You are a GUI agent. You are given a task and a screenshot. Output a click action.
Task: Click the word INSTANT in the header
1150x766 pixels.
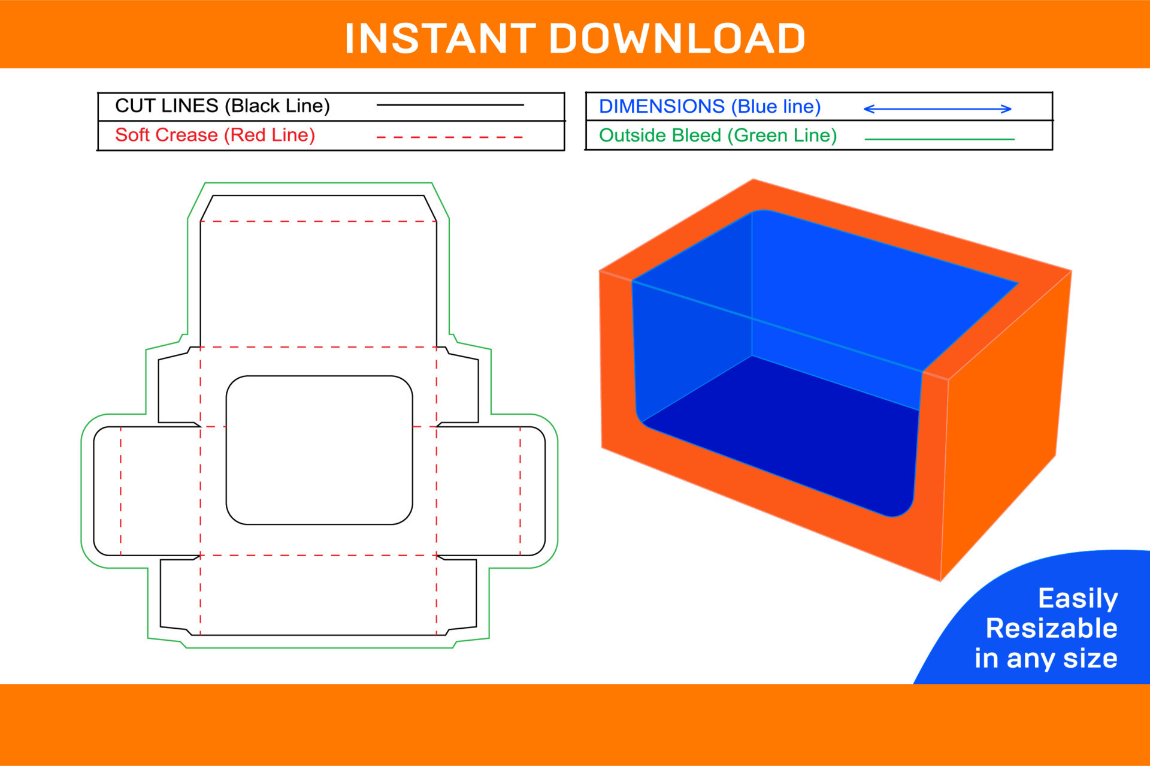(x=440, y=39)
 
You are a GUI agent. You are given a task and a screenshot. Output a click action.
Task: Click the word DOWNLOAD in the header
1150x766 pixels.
(x=677, y=39)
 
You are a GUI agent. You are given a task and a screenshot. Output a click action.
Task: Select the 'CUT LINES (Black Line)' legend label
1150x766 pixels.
(x=222, y=106)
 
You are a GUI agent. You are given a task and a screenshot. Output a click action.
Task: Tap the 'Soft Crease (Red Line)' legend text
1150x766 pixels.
(x=215, y=135)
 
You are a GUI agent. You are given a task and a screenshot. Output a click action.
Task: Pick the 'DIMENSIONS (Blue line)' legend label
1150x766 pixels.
(x=710, y=107)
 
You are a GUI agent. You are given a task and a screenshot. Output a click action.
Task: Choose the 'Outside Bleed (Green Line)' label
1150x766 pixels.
(x=718, y=136)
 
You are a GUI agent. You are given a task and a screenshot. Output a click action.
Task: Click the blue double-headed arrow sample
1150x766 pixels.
(x=937, y=109)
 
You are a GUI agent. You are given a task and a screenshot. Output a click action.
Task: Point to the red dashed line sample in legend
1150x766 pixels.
(x=449, y=137)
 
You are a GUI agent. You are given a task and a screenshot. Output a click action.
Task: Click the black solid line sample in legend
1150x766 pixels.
(x=450, y=105)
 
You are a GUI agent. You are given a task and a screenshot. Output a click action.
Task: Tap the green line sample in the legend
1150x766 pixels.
(x=939, y=139)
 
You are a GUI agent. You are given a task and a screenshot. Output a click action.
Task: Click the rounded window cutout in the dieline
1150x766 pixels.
(x=319, y=450)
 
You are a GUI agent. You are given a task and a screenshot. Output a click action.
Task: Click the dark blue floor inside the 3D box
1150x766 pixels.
(x=779, y=438)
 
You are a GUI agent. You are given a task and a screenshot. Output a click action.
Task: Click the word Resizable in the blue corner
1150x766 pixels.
(x=1051, y=629)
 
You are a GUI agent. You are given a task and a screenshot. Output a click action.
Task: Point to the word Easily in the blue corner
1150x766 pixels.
(x=1078, y=599)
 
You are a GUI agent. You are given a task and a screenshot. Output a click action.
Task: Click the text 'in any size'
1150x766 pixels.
(x=1046, y=659)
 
